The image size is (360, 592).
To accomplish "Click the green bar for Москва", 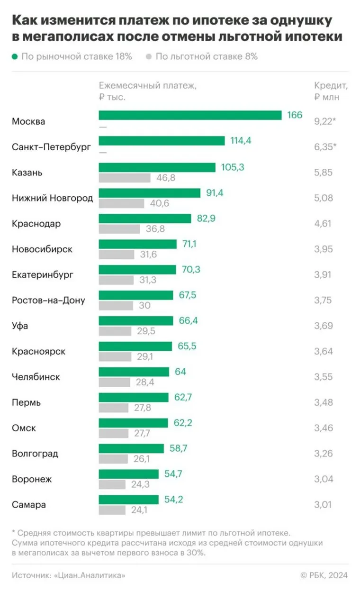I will pyautogui.click(x=190, y=116).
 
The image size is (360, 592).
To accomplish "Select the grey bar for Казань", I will pyautogui.click(x=125, y=178).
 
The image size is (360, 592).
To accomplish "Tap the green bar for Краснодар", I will pyautogui.click(x=145, y=218).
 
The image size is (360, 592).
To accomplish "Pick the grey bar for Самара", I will pyautogui.click(x=112, y=510).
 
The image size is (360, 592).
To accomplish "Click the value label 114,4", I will pyautogui.click(x=240, y=141).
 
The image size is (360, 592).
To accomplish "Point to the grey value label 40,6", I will pyautogui.click(x=159, y=204).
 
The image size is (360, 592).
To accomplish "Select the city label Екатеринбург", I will pyautogui.click(x=43, y=275).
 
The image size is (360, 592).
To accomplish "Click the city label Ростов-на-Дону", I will pyautogui.click(x=48, y=301).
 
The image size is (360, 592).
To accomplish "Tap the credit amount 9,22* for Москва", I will pyautogui.click(x=325, y=121).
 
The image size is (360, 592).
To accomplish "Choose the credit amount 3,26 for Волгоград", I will pyautogui.click(x=323, y=454).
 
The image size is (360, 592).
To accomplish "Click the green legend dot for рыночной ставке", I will pyautogui.click(x=15, y=57).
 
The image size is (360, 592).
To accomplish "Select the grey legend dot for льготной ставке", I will pyautogui.click(x=149, y=57).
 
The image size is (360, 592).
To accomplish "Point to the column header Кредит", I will pyautogui.click(x=331, y=86).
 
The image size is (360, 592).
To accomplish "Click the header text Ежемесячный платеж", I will pyautogui.click(x=147, y=86).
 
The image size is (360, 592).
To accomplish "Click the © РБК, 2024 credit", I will pyautogui.click(x=324, y=575).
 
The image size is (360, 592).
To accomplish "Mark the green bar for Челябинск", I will pyautogui.click(x=134, y=372).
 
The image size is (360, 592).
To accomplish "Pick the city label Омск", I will pyautogui.click(x=24, y=428).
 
